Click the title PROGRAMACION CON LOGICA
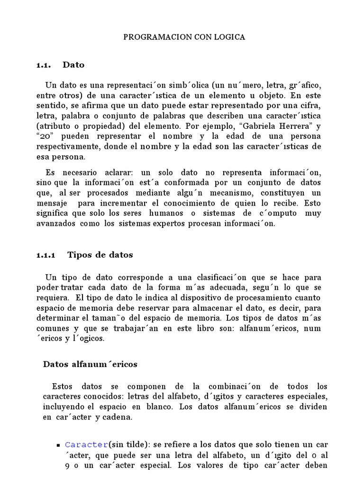[x=184, y=37]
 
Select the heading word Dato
[x=73, y=64]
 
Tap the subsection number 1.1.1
[x=46, y=255]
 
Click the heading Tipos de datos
[x=100, y=255]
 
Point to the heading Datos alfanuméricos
[x=90, y=364]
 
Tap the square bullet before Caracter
[x=58, y=445]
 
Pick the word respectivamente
[x=66, y=146]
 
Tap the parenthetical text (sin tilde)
[x=129, y=445]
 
